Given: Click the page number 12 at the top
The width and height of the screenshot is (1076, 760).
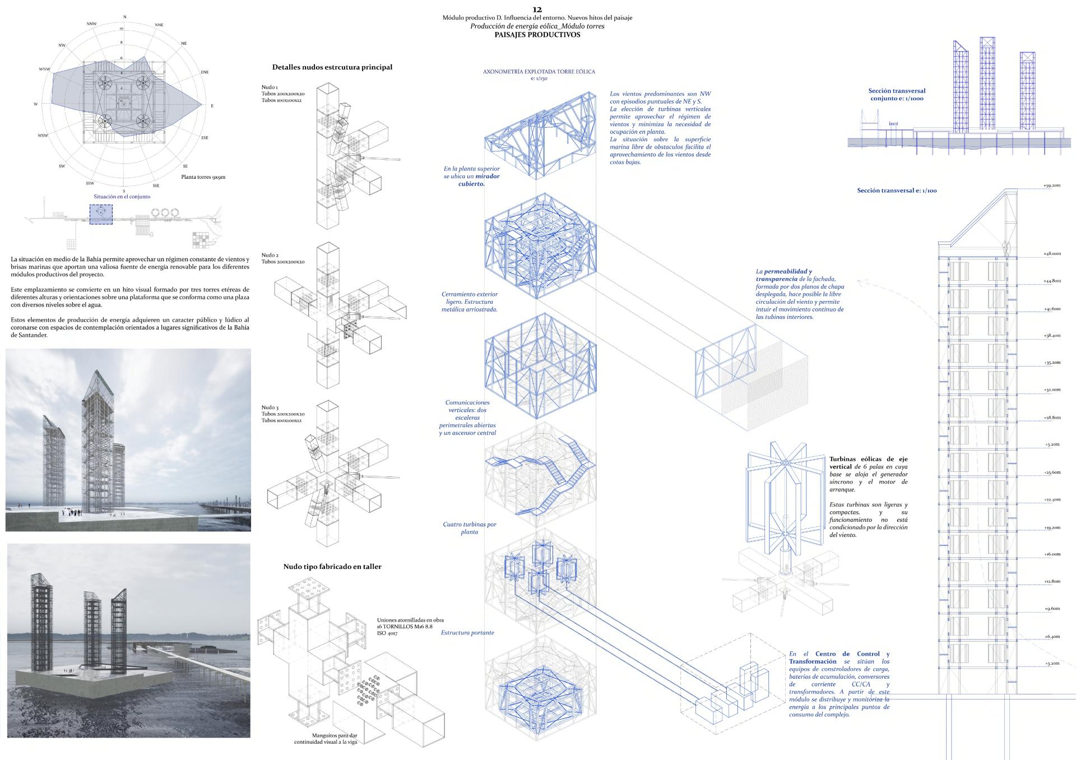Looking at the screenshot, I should (x=537, y=10).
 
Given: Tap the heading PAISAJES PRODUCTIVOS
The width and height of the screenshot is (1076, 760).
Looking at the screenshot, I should (x=537, y=35).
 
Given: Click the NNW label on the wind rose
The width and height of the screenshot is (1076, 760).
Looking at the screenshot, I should (x=92, y=24).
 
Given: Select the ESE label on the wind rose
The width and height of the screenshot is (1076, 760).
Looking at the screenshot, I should (x=205, y=137).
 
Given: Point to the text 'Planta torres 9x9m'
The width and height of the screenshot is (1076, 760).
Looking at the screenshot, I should (x=203, y=177).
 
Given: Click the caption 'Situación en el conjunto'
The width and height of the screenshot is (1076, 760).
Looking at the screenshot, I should (x=122, y=197).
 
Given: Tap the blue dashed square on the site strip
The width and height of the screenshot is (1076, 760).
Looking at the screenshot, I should (x=101, y=214).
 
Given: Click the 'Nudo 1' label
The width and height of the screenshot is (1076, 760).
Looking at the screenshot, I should (x=270, y=87).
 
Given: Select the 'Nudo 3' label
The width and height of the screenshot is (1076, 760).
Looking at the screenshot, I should (x=270, y=407).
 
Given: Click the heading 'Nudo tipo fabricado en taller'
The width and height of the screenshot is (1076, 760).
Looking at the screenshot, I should (x=332, y=567).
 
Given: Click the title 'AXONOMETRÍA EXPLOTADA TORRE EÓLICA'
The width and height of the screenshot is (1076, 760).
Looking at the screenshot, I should (x=539, y=72).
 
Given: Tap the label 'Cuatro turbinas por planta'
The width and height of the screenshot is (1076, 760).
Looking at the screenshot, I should (x=470, y=528).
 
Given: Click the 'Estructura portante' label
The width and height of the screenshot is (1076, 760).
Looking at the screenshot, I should (x=467, y=633).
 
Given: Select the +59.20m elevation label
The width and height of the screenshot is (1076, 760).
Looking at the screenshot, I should (x=1051, y=186).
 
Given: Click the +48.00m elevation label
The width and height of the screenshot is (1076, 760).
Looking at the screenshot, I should (x=1051, y=254).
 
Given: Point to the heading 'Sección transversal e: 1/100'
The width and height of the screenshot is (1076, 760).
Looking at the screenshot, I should (x=897, y=191).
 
